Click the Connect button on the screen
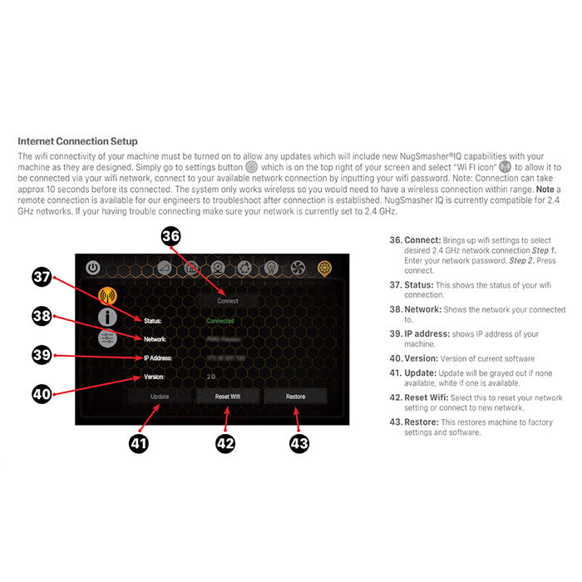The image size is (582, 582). tap(227, 300)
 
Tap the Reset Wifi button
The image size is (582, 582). tap(227, 397)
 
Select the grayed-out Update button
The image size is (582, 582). tap(160, 397)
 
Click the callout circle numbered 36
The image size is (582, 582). tap(171, 238)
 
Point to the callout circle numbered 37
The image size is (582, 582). tap(42, 278)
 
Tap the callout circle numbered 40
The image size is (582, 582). tap(42, 393)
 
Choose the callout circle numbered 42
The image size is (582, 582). tap(225, 443)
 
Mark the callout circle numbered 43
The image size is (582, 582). tap(298, 443)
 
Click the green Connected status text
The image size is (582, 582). tap(220, 320)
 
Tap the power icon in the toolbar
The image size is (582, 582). tap(93, 269)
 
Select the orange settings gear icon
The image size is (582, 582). tap(324, 269)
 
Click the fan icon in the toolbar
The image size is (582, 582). tap(298, 269)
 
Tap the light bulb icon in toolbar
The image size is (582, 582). tap(271, 269)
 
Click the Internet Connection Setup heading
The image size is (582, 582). tap(77, 141)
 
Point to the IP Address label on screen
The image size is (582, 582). tap(157, 358)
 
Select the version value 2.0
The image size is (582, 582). tap(210, 376)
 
